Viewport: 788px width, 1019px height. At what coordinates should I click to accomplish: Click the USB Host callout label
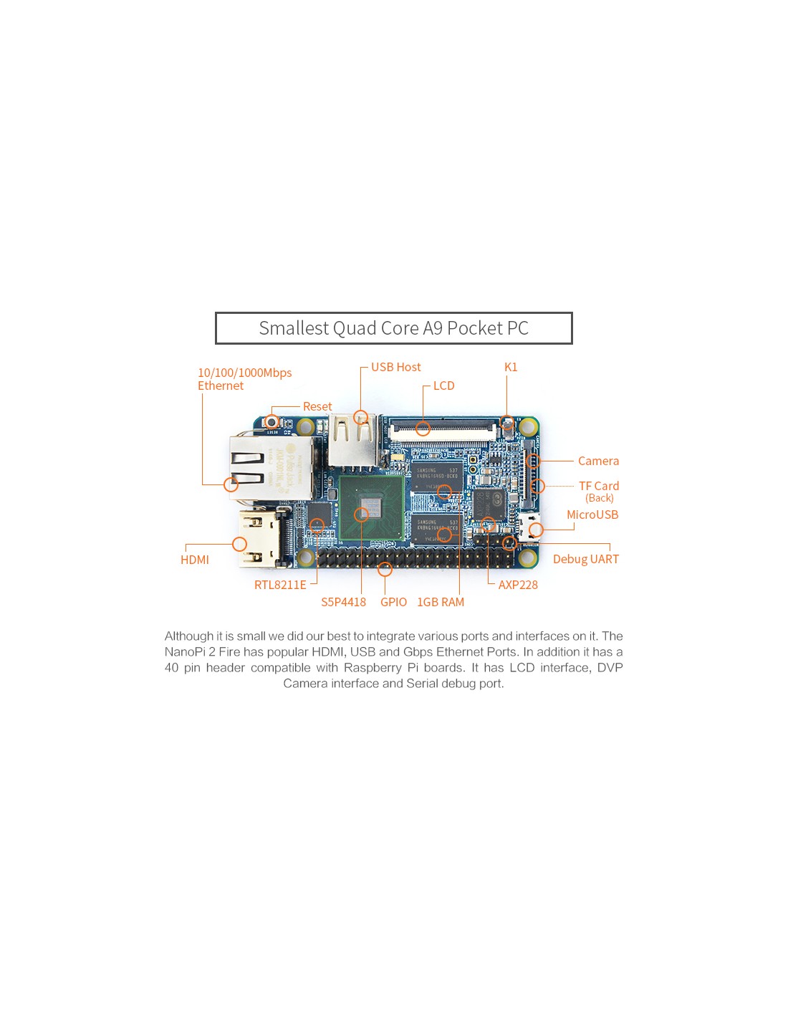point(395,367)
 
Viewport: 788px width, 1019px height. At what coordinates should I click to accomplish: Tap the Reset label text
point(317,406)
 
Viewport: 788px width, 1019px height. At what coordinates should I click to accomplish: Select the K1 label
point(511,367)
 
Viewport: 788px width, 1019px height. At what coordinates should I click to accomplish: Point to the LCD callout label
point(443,386)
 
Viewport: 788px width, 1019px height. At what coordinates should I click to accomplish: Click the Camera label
point(598,461)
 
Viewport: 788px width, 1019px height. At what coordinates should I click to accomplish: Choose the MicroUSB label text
point(592,515)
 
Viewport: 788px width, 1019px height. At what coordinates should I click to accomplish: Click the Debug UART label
point(585,559)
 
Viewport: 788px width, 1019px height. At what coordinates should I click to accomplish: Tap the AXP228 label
point(518,585)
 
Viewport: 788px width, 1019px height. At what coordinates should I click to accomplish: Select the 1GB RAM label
point(441,602)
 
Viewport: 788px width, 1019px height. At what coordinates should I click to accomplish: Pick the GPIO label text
point(393,602)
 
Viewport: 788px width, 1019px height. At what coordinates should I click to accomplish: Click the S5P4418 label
point(343,602)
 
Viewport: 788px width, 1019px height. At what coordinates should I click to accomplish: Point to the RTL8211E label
point(280,585)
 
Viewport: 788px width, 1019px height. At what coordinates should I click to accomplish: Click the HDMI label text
point(195,560)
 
